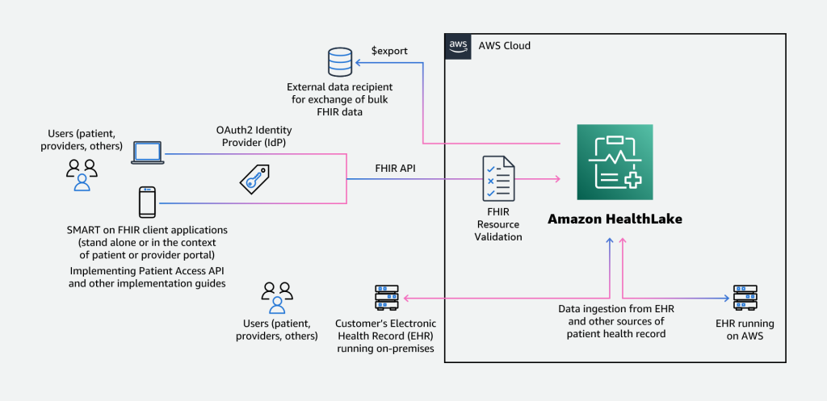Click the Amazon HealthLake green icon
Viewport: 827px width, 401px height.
[x=615, y=162]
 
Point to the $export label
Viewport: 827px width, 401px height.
[x=389, y=51]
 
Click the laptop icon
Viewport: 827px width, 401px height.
[x=147, y=153]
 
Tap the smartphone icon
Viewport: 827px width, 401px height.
[x=147, y=202]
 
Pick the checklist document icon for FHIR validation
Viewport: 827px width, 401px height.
[x=497, y=178]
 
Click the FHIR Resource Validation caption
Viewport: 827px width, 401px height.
[x=497, y=224]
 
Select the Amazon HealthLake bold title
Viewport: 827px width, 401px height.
[x=615, y=219]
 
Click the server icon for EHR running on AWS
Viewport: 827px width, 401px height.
[x=744, y=299]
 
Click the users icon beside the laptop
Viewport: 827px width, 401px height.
[x=82, y=173]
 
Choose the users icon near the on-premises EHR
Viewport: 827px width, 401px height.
[x=276, y=297]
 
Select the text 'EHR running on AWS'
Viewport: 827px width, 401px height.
[x=744, y=329]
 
